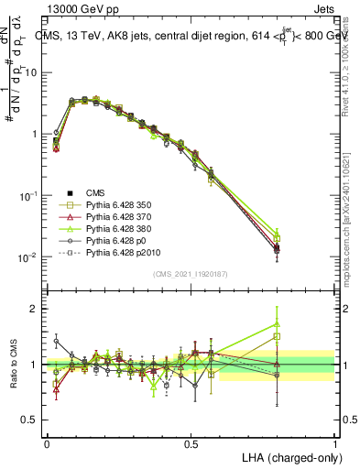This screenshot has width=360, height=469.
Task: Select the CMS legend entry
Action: [x=95, y=192]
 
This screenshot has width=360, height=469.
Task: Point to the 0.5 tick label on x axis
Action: [x=191, y=442]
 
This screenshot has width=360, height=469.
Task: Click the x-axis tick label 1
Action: [x=335, y=442]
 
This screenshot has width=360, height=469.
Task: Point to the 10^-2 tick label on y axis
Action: [x=27, y=257]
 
